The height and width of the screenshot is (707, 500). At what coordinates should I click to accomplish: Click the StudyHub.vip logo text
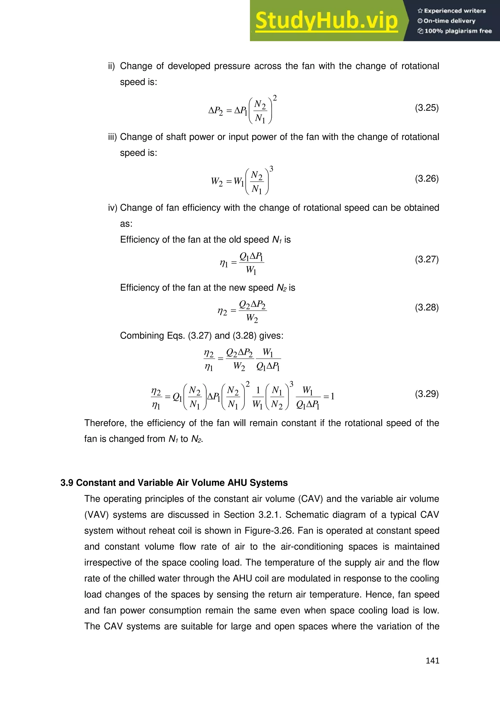coord(326,21)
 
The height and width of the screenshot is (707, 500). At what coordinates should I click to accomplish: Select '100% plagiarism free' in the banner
coord(458,31)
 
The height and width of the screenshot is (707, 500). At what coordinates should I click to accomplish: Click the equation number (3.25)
coord(427,108)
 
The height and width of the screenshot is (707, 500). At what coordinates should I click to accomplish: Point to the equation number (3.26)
coord(427,179)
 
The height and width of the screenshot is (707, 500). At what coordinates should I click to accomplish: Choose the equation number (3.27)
coord(427,259)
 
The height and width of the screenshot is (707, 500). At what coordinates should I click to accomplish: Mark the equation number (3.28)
coord(427,307)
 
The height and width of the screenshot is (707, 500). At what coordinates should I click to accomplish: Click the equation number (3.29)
coord(427,394)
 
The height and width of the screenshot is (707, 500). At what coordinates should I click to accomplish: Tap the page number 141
coord(432,661)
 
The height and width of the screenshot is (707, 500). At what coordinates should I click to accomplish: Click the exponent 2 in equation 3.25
coord(275,98)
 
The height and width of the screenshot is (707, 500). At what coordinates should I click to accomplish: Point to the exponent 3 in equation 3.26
coord(271,169)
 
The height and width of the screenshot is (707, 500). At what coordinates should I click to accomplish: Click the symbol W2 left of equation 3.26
coord(217,182)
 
